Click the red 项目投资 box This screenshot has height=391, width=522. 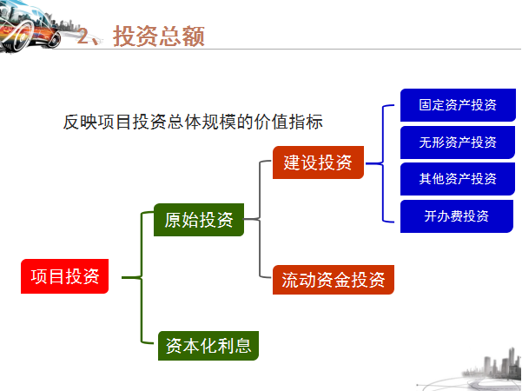coord(64,276)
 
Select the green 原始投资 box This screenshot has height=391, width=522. coord(199,220)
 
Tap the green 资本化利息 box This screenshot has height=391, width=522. coord(208,346)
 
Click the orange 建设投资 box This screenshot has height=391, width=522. coord(318,162)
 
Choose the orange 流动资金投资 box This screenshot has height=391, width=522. coord(334,280)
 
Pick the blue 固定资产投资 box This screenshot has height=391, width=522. coord(458,105)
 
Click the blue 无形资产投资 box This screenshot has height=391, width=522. coord(458,142)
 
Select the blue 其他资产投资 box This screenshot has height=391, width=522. coord(458,179)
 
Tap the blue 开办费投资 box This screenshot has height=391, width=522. coord(456,216)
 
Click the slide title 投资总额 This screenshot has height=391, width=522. coord(159,36)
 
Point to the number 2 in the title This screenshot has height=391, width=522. coord(83,36)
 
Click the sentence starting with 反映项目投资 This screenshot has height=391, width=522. coord(193,122)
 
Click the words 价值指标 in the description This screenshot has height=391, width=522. coord(288,122)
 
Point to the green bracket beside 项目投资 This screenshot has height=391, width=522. coord(142,277)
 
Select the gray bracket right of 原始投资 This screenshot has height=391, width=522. coord(260,219)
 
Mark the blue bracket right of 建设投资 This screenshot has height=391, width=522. coord(383,163)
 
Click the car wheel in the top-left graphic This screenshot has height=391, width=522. coord(21,37)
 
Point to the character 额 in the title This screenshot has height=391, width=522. coord(194,36)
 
